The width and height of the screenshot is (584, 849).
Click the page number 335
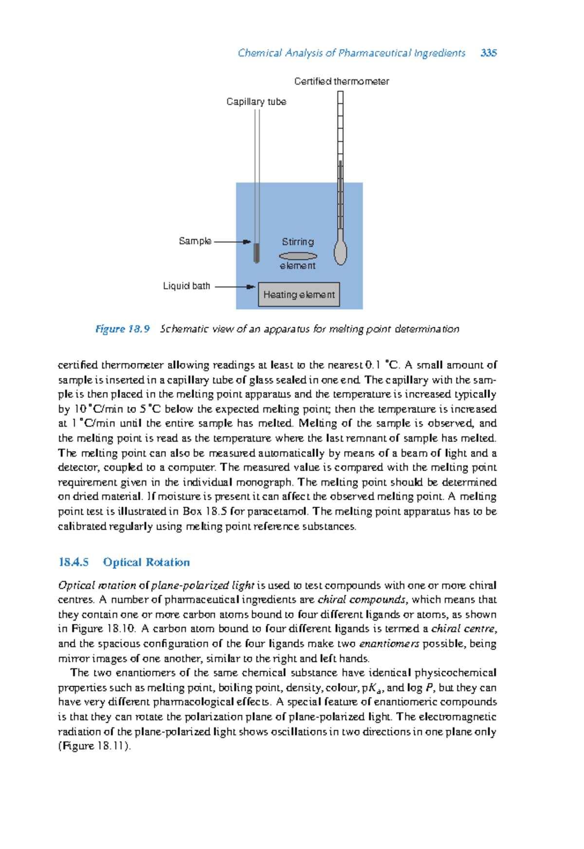tap(488, 53)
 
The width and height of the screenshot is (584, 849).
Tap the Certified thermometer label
tap(341, 81)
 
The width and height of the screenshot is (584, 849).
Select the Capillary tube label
tap(256, 102)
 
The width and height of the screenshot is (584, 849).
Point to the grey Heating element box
tap(299, 295)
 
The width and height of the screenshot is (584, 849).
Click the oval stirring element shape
tap(298, 256)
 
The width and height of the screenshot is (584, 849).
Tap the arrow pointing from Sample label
tap(233, 241)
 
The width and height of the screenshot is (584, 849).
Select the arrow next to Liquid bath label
tap(235, 286)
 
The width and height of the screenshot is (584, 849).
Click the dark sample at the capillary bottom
tap(256, 253)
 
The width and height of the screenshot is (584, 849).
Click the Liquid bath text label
tap(186, 286)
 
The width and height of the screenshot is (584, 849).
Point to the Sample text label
tap(195, 241)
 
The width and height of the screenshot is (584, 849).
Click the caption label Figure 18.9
tap(122, 329)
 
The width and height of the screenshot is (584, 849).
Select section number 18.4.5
tap(73, 562)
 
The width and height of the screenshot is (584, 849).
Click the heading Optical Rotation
tap(146, 562)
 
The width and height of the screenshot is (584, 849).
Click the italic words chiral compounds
tap(361, 600)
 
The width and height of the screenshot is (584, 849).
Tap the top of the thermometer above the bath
tap(340, 97)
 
